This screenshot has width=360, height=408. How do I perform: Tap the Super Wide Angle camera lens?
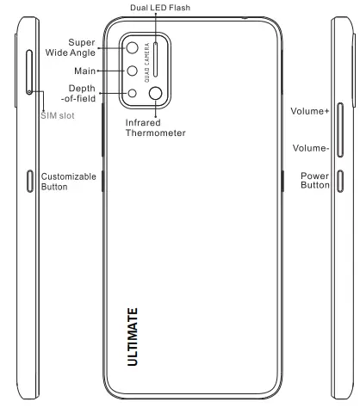[x=133, y=49]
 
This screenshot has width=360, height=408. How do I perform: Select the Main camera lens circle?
[x=133, y=71]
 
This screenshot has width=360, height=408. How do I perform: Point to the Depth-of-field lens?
[x=133, y=94]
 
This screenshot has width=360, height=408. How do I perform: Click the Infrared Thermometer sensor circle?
[x=157, y=94]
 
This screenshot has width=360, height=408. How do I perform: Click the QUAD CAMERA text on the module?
[x=146, y=60]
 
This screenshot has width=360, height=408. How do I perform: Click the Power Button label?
[x=315, y=181]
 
